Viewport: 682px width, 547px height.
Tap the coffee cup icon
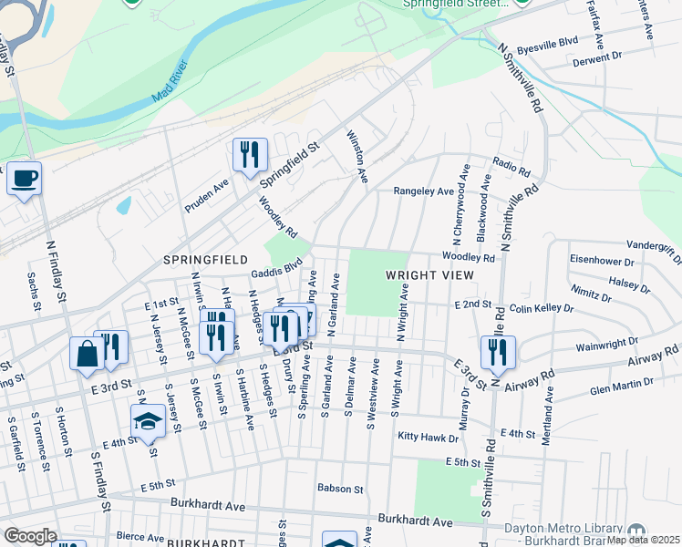(24, 178)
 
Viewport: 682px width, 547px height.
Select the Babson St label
(340, 489)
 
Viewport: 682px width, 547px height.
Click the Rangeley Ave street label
(423, 191)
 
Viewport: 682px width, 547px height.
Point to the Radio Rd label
(511, 166)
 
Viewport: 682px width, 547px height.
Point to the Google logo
(30, 536)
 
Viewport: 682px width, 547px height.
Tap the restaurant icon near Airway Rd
(498, 353)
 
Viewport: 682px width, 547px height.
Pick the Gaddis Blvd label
(278, 267)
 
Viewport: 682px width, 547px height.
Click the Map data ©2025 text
(643, 540)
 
